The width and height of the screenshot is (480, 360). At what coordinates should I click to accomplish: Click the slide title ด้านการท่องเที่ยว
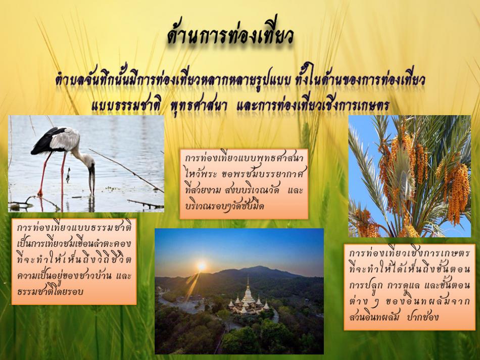click(x=230, y=36)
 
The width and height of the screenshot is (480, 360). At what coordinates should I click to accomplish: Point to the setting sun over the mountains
click(x=202, y=266)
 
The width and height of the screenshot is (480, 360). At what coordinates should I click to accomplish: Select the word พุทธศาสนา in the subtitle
click(x=199, y=106)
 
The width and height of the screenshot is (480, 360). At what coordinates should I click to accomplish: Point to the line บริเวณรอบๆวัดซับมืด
click(x=225, y=206)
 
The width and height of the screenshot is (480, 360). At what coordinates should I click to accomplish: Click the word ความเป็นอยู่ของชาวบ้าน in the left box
click(x=63, y=275)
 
